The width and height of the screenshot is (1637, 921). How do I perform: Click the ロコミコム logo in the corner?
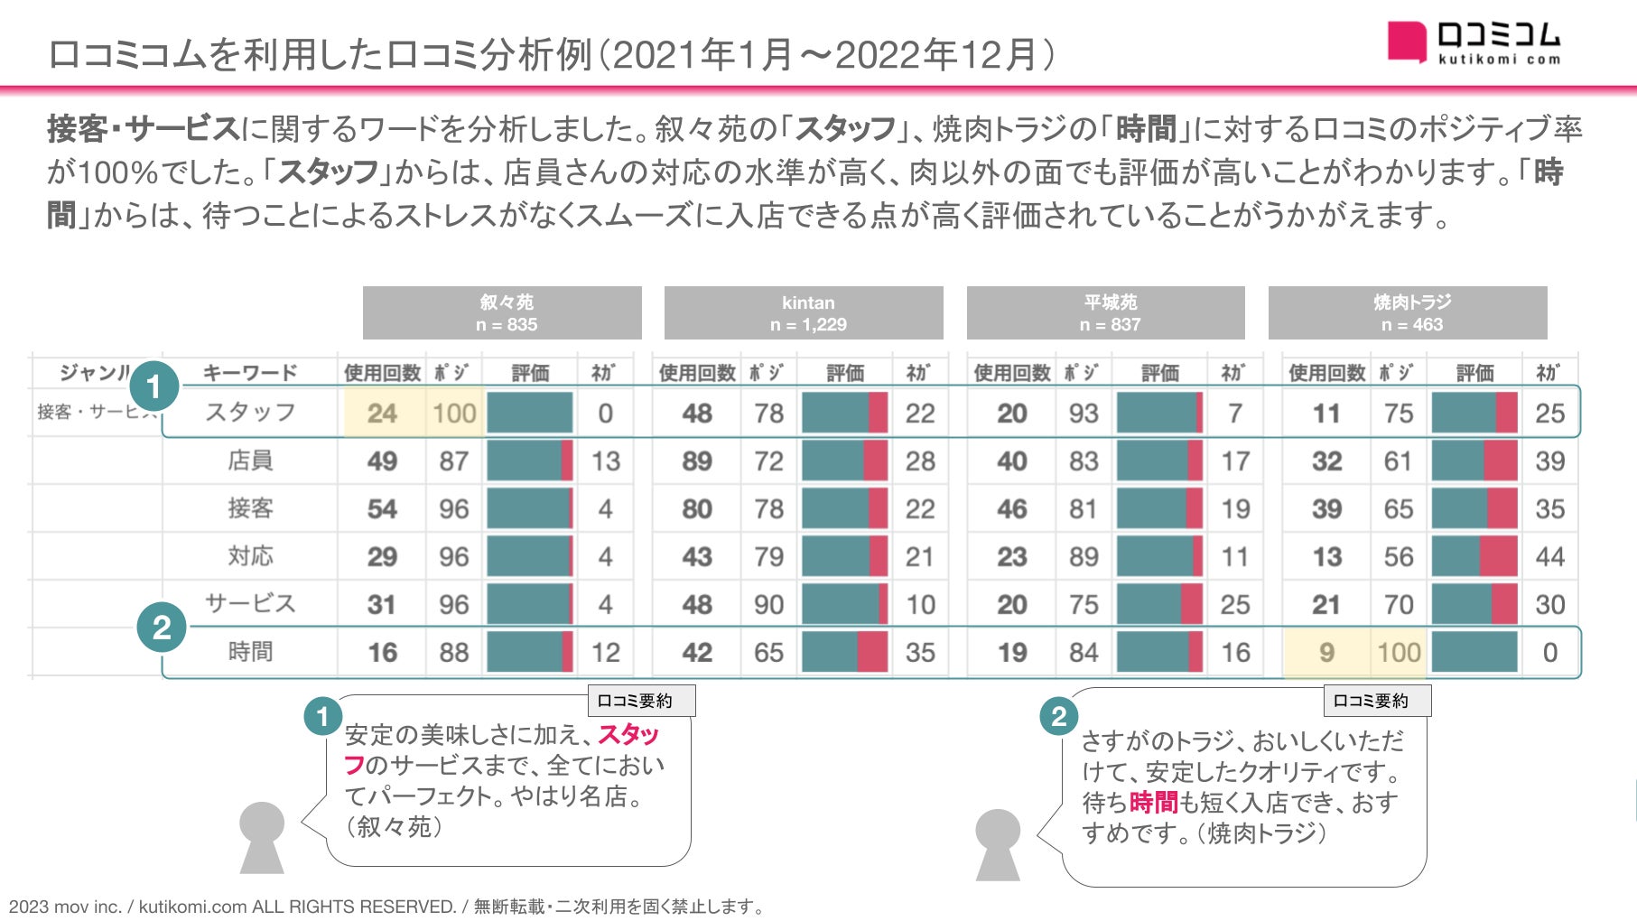(x=1474, y=43)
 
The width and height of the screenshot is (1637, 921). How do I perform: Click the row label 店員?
(x=250, y=460)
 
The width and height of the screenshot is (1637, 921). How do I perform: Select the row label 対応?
(x=250, y=556)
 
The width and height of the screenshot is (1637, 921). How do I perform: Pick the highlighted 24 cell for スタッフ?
(x=382, y=414)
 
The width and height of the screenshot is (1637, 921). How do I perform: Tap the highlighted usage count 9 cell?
(x=1326, y=652)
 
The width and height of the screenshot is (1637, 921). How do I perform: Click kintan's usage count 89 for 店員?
(x=697, y=461)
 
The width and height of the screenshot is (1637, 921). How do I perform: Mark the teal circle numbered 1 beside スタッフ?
(x=153, y=386)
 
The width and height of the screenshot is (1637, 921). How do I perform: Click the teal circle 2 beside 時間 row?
(x=162, y=628)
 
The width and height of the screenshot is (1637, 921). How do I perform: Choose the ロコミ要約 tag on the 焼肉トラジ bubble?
(x=1376, y=701)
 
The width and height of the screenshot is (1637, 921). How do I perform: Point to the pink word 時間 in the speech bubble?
(x=1153, y=802)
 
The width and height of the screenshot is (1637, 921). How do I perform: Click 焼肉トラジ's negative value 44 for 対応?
(x=1549, y=557)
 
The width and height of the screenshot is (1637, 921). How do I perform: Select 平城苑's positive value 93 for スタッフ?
(x=1084, y=414)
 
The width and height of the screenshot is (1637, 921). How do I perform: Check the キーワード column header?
(x=250, y=372)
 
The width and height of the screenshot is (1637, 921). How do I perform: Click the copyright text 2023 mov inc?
(x=63, y=907)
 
